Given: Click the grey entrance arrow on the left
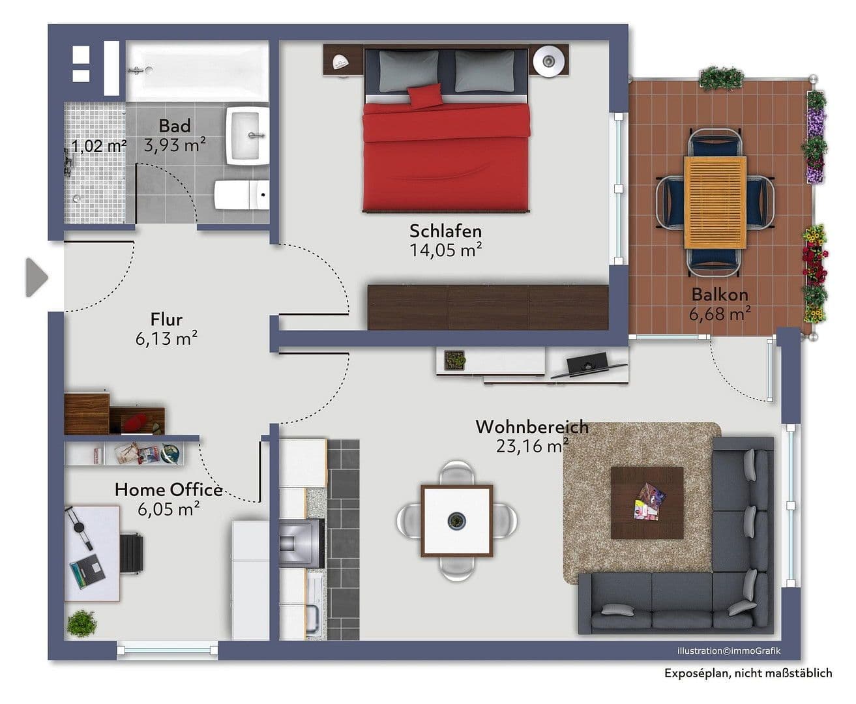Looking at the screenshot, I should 37,278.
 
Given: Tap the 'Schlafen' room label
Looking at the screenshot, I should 445,231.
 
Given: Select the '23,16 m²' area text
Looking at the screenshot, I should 531,447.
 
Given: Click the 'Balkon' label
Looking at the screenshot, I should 720,295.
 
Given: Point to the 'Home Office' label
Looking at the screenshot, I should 168,490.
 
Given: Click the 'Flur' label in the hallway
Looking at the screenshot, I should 166,319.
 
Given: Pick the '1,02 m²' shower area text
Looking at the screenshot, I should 98,145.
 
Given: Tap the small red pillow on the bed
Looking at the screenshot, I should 426,96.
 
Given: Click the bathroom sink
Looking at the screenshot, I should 247,136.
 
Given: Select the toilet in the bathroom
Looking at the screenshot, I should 241,195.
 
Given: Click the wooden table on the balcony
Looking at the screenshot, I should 715,202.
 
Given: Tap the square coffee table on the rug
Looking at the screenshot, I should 647,503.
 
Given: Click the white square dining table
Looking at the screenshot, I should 456,520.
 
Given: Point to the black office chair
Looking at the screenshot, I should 132,553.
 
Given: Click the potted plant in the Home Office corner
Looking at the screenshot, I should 81,624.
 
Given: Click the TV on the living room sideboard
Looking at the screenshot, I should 587,364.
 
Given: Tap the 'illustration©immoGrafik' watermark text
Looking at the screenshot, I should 728,651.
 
